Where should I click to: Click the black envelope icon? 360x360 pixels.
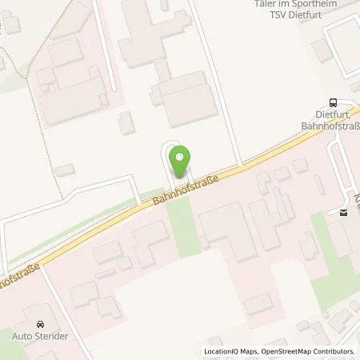[343, 212]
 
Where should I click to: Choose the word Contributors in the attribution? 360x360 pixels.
[334, 351]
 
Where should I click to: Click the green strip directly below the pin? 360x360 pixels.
[183, 224]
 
